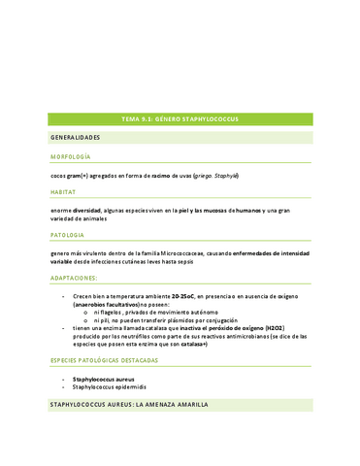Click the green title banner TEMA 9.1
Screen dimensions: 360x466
(180, 118)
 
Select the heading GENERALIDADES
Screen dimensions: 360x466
(79, 138)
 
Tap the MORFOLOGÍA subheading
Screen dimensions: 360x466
(71, 156)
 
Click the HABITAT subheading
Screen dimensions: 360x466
(64, 192)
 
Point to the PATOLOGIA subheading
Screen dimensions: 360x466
(68, 234)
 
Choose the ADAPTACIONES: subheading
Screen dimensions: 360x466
(77, 277)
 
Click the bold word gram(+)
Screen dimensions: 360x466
(81, 175)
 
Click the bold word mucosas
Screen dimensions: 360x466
(224, 211)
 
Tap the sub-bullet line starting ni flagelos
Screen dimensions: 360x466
(146, 311)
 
